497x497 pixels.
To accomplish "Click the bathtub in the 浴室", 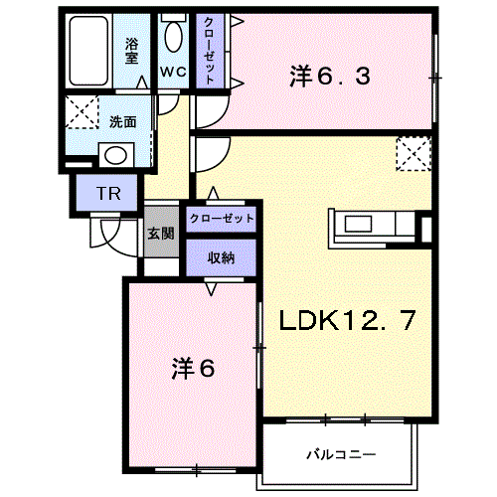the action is [89, 51].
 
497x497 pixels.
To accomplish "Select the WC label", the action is [173, 72].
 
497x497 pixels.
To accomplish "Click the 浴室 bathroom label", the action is [131, 52].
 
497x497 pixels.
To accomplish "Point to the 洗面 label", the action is [123, 122].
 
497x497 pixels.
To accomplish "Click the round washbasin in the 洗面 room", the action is [115, 155].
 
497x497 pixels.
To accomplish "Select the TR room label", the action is [108, 194].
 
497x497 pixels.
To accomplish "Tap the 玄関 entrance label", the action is [161, 234].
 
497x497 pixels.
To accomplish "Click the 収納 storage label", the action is [221, 257].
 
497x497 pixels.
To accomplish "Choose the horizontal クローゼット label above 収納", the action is [222, 219].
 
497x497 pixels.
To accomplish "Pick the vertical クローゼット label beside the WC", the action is [209, 52].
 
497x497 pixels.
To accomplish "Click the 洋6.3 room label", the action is [330, 77].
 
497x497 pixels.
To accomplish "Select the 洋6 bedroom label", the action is [193, 369].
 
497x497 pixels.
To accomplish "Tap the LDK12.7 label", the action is [347, 320].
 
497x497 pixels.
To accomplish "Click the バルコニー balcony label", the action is [341, 454].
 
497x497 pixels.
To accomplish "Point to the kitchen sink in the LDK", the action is [358, 224].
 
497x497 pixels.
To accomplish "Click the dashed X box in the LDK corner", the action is [414, 154].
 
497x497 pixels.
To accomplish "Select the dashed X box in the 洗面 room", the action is [82, 112].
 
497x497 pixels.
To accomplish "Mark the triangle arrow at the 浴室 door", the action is [143, 83].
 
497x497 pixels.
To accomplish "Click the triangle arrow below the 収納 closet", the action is [211, 288].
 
